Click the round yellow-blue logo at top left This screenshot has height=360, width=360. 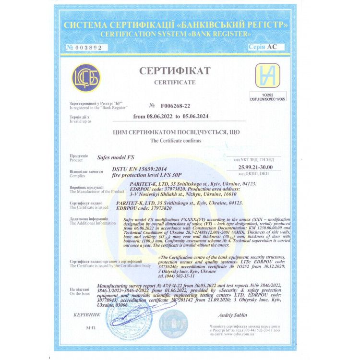86,78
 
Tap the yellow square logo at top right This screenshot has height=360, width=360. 267,75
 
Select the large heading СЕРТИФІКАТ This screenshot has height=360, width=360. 175,71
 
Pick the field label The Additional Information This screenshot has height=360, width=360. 93,223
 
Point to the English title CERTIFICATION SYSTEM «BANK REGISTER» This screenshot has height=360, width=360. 176,34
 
